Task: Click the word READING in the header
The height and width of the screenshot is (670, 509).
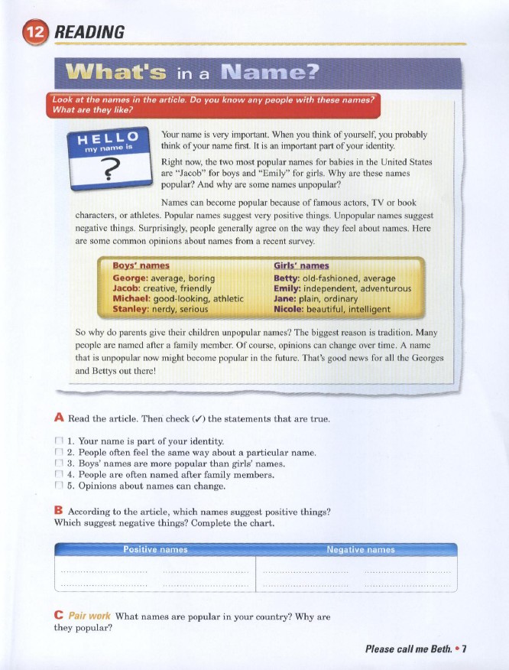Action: click(x=90, y=34)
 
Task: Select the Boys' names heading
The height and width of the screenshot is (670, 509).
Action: click(x=141, y=266)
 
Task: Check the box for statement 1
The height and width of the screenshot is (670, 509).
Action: click(x=59, y=441)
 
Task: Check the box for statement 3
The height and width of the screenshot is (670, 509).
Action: click(x=59, y=463)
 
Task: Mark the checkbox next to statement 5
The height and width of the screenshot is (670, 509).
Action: click(x=59, y=486)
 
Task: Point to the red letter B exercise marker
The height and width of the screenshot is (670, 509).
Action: click(x=59, y=510)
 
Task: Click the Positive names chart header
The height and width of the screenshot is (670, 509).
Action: click(x=155, y=550)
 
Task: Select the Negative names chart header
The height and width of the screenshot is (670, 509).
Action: click(x=360, y=550)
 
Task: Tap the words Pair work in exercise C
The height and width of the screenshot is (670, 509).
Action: click(x=89, y=616)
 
